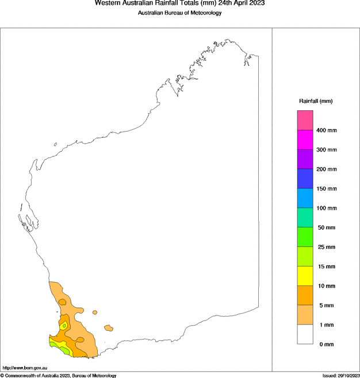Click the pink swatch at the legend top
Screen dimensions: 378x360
pos(305,120)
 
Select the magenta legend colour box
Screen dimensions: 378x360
pos(305,140)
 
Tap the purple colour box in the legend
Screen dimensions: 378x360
pos(305,159)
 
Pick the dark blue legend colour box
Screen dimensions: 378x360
pos(305,179)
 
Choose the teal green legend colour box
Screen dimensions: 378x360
pos(305,218)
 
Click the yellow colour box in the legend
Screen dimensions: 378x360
pos(305,276)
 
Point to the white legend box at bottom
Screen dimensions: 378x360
pos(305,334)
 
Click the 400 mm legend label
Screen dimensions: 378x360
pos(327,130)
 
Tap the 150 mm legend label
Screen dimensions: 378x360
pos(327,189)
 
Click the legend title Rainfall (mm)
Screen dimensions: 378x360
pos(316,101)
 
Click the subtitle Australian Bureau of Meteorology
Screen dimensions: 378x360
pos(179,13)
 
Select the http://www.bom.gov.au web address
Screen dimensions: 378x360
pos(25,367)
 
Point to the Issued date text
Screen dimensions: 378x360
pos(340,375)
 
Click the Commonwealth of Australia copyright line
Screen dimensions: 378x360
pos(59,375)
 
